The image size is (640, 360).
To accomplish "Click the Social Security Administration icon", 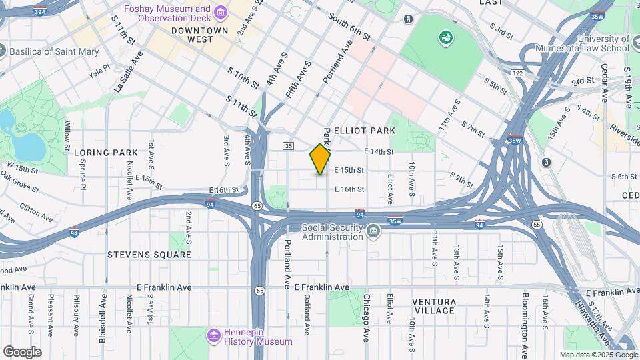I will (x=373, y=231).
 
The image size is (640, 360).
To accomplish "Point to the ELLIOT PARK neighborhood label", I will (x=365, y=131).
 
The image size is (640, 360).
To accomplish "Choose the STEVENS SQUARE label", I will (x=149, y=255).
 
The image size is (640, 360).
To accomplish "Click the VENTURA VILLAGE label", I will (x=433, y=306).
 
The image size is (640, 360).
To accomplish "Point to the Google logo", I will (x=22, y=352).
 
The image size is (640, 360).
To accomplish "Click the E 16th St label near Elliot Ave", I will (x=349, y=189).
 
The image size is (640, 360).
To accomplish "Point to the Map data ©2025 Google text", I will (x=598, y=355).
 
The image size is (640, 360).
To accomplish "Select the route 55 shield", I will (x=537, y=225).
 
